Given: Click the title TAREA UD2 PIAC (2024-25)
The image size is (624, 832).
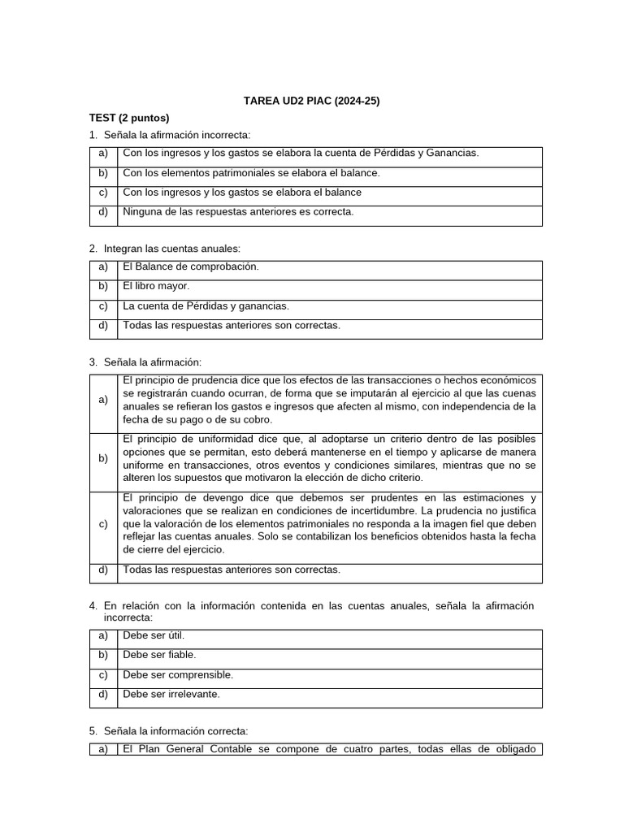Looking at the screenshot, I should point(312,102).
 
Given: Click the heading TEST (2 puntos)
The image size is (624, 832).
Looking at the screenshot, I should point(129,118).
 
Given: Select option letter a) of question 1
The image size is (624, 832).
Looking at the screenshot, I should point(103,154).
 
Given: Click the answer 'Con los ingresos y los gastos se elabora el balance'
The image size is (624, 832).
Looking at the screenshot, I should point(242,193).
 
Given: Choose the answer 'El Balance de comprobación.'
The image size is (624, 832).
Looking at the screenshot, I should point(191,267).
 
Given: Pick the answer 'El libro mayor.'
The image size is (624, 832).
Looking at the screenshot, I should point(156,287).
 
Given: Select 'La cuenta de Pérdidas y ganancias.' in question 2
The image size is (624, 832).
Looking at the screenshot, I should point(206,306).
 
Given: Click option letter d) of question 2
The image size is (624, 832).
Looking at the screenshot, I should point(103,326).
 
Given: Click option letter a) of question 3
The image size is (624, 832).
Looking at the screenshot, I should point(103,401).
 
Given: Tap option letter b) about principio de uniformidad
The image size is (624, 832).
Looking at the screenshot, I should point(103,459).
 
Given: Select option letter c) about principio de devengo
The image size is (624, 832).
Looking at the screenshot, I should point(103,524).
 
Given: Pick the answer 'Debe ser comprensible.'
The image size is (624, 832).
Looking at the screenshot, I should point(178,675).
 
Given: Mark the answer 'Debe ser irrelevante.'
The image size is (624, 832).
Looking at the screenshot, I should point(171,695).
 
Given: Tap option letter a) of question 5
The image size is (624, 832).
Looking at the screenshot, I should point(103,750).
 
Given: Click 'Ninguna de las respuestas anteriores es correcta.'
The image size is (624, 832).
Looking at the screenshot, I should point(238,212).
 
